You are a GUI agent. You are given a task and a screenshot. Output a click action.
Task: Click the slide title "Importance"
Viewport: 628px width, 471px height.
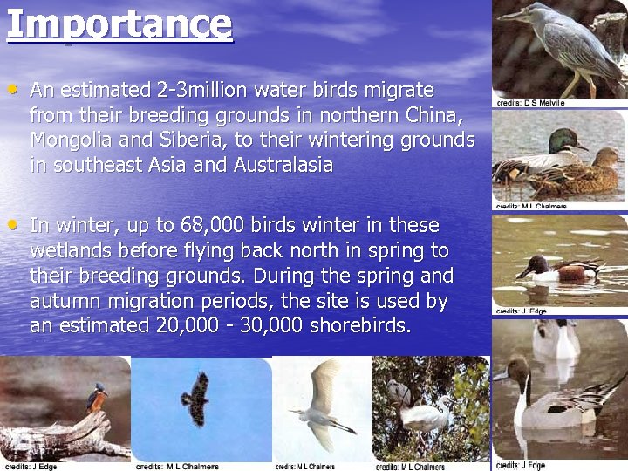(119, 24)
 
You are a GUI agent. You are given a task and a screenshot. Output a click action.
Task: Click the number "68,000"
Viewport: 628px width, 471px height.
(213, 225)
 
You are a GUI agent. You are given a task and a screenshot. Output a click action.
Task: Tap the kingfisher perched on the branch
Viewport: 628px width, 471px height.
(95, 400)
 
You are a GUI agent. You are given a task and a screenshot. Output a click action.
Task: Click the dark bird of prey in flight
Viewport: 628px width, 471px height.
(197, 397)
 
